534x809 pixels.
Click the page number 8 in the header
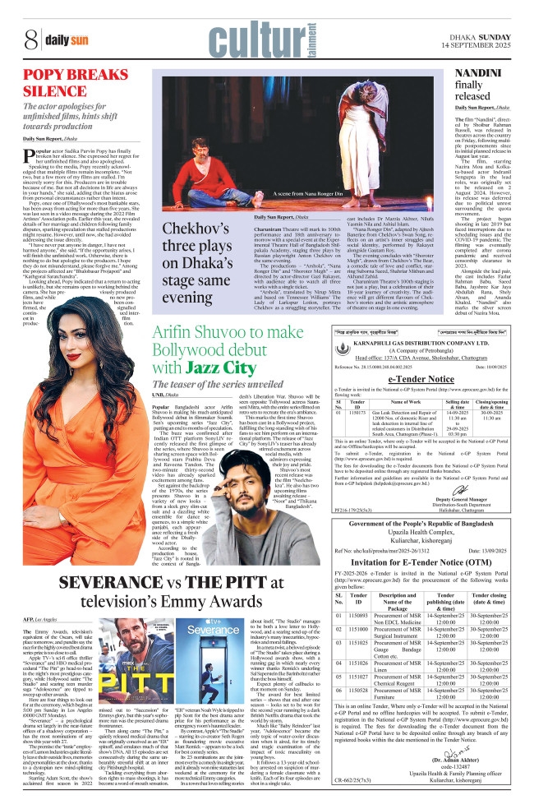coord(28,38)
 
